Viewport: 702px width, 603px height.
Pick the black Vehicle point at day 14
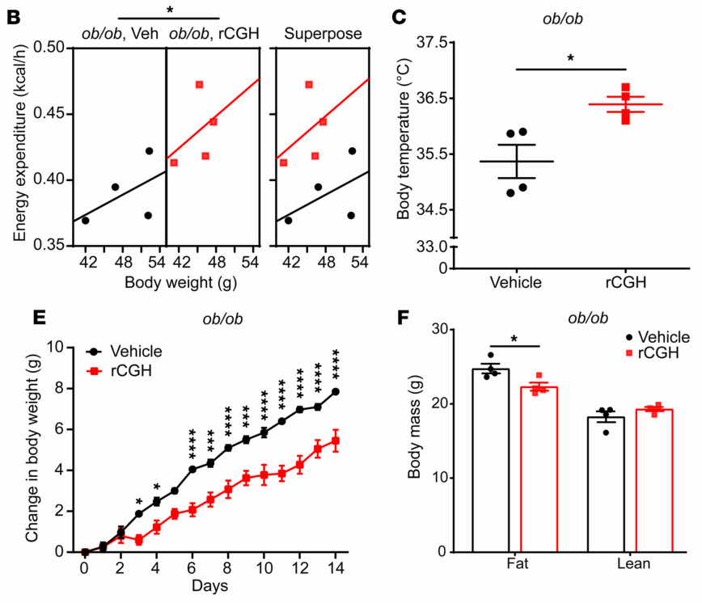click(x=335, y=391)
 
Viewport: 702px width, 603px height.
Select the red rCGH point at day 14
click(x=335, y=441)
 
